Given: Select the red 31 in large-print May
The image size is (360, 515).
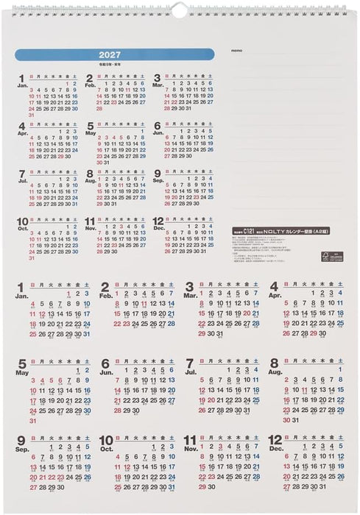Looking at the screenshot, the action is tap(33, 421).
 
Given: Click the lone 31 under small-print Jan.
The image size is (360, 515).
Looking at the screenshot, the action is tap(32, 116).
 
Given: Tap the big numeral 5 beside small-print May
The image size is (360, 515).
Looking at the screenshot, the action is tap(90, 126).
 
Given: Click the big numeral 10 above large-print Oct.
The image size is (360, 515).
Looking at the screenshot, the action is tap(107, 441).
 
